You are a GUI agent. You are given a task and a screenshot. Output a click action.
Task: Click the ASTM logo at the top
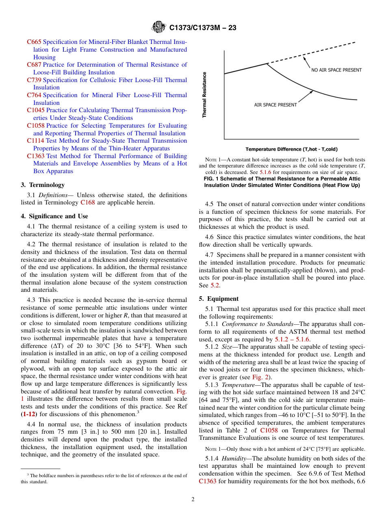[x=158, y=27]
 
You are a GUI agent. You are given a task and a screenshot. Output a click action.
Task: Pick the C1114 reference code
[x=35, y=141]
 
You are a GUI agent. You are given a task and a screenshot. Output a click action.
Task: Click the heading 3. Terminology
[x=43, y=185]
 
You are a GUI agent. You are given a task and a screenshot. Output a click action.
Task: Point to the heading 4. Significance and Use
[x=54, y=216]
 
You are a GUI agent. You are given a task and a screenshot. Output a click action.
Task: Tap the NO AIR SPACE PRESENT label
[x=336, y=70]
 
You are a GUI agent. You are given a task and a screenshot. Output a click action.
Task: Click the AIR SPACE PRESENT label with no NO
[x=275, y=105]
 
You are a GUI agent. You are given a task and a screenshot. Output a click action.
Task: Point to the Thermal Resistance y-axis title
[x=204, y=95]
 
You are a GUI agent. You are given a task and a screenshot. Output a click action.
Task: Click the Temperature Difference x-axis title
[x=291, y=149]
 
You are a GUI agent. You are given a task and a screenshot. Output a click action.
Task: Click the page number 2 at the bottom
[x=193, y=500]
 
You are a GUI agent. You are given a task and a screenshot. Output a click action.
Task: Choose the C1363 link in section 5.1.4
[x=208, y=481]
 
